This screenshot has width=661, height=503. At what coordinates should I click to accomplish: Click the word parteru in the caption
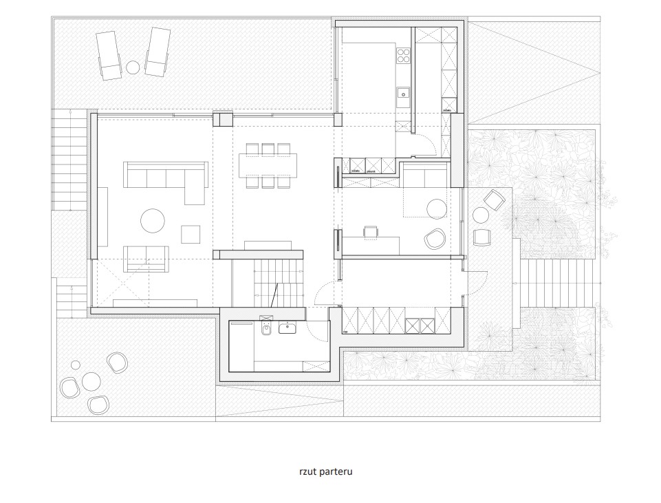[x=336, y=472]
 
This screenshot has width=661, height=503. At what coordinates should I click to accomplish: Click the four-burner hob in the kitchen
[x=404, y=56]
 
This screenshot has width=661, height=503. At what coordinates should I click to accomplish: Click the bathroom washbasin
[x=288, y=328]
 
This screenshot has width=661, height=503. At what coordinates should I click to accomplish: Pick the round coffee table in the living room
[x=153, y=220]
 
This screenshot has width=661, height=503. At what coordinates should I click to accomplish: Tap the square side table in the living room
[x=191, y=235]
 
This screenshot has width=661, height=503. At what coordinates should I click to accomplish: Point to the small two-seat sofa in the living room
[x=147, y=259]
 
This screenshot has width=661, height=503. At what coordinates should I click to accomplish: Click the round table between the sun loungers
[x=133, y=67]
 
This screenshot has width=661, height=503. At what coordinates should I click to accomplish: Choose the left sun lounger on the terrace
[x=109, y=55]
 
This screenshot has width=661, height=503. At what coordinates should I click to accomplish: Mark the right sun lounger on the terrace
[x=158, y=53]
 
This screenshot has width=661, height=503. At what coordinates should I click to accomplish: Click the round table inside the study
[x=437, y=208]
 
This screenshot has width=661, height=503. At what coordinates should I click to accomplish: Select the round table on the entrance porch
[x=480, y=215]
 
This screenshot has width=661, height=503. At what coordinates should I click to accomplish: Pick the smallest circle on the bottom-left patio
[x=76, y=365]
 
